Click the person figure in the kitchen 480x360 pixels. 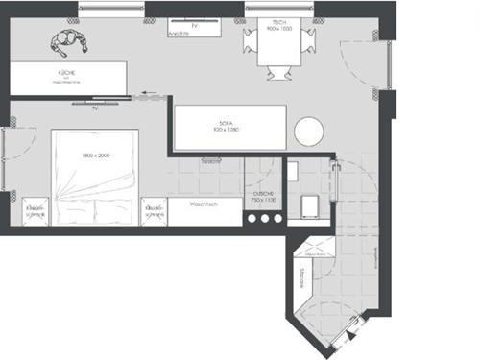coord(68,41)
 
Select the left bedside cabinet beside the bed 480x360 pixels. coord(36,211)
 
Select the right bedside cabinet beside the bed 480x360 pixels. coord(154,211)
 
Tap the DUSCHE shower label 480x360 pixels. coord(263,195)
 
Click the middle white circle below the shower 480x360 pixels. coord(263,218)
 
